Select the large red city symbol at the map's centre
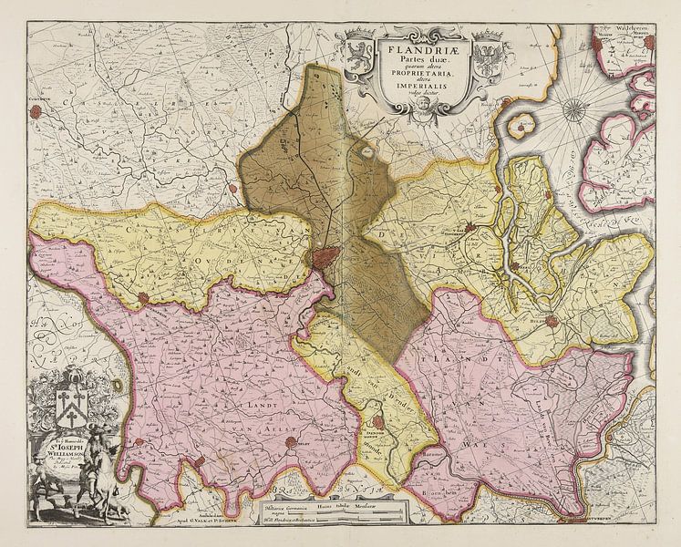coord(325,257)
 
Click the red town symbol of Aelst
coord(292,443)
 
